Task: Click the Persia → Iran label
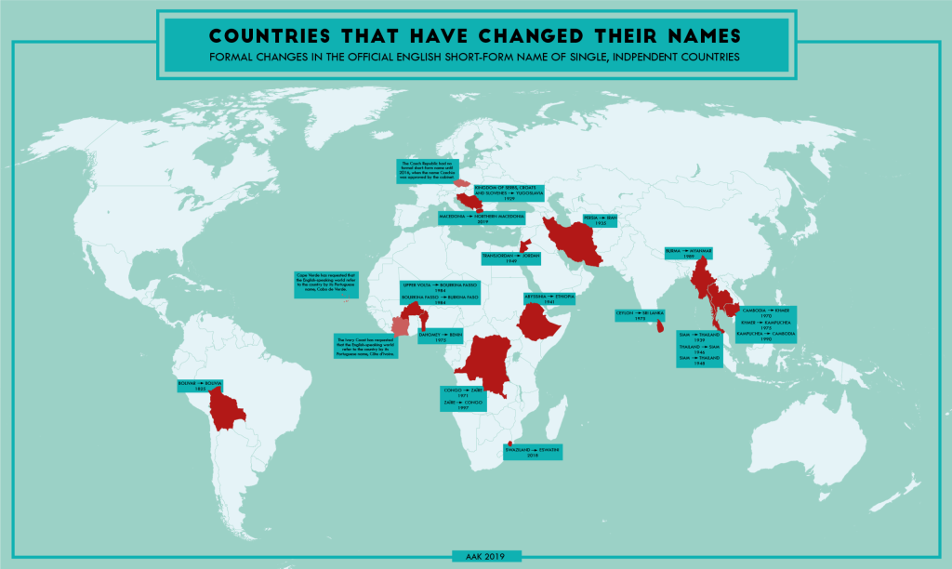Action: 594,219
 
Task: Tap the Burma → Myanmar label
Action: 689,254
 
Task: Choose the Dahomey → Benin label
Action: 441,336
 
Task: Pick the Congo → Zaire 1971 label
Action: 462,392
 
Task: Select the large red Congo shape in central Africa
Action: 489,363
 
